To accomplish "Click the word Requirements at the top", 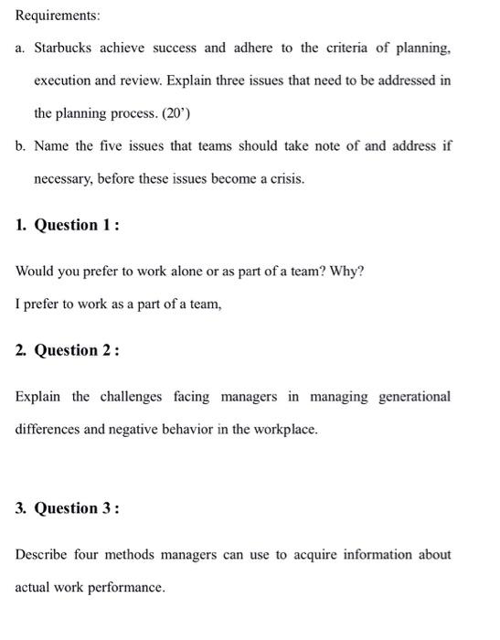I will pos(48,16).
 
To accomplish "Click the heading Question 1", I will pos(77,225).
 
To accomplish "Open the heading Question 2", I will pos(77,350).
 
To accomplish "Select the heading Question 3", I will pos(77,508).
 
